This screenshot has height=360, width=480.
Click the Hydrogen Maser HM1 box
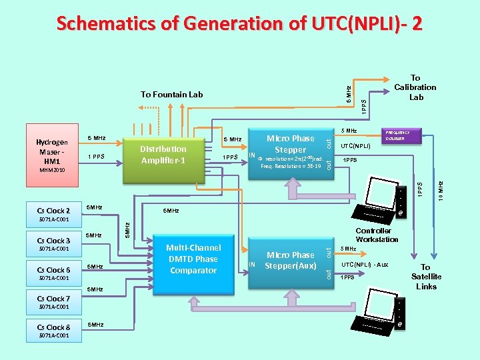point(52,151)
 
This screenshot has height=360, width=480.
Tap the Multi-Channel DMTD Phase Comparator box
point(193,259)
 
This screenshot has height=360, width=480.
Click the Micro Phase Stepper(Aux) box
point(290,260)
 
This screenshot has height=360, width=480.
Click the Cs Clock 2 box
point(53,211)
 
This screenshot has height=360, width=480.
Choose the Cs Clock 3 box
point(53,241)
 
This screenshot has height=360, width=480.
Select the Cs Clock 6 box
point(53,270)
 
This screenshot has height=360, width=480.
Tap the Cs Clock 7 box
point(53,299)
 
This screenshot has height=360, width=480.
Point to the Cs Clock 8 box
point(53,327)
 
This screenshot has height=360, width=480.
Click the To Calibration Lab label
point(416,87)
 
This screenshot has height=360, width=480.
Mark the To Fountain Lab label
point(172,95)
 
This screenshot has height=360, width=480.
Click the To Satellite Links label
point(426,277)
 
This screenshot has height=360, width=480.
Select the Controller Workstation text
point(377,235)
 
